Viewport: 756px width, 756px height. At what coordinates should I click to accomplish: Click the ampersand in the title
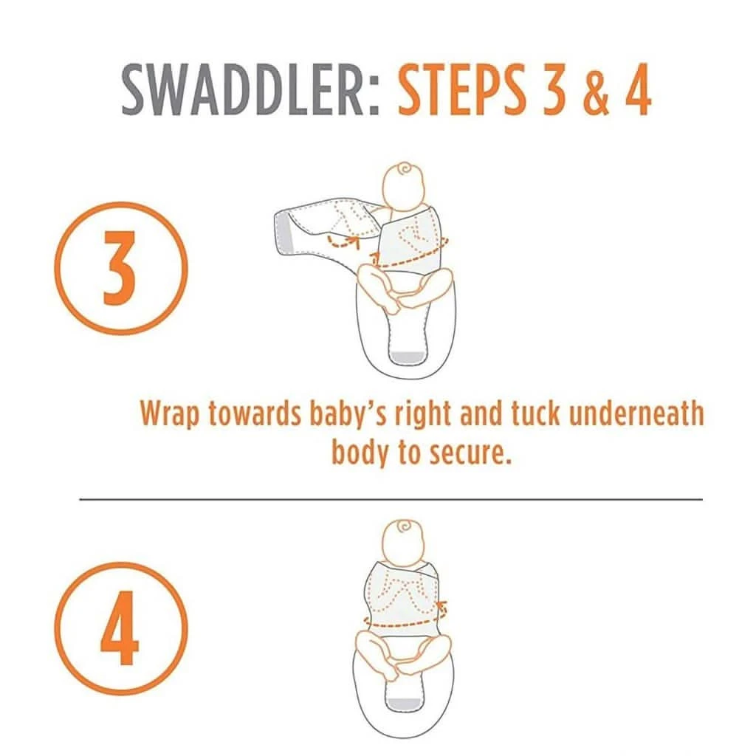click(597, 89)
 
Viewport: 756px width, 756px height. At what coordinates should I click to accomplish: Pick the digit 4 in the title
click(637, 89)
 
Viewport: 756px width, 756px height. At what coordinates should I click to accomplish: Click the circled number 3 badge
click(120, 268)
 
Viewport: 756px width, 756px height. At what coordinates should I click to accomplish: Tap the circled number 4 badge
click(120, 628)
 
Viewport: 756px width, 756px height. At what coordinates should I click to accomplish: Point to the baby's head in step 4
click(404, 543)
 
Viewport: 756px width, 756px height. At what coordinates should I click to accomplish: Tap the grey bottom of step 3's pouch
click(408, 357)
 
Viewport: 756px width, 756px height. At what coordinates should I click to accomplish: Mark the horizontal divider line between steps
click(391, 500)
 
